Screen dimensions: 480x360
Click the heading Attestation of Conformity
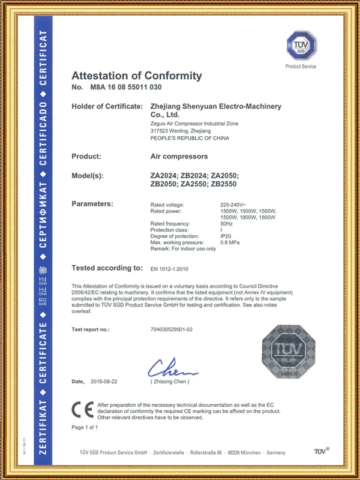[137, 76]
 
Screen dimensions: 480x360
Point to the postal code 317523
[158, 131]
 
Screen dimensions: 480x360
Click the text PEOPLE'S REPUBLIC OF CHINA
[189, 138]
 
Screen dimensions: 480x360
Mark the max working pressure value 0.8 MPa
[232, 242]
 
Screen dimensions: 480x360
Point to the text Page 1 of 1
[85, 427]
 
